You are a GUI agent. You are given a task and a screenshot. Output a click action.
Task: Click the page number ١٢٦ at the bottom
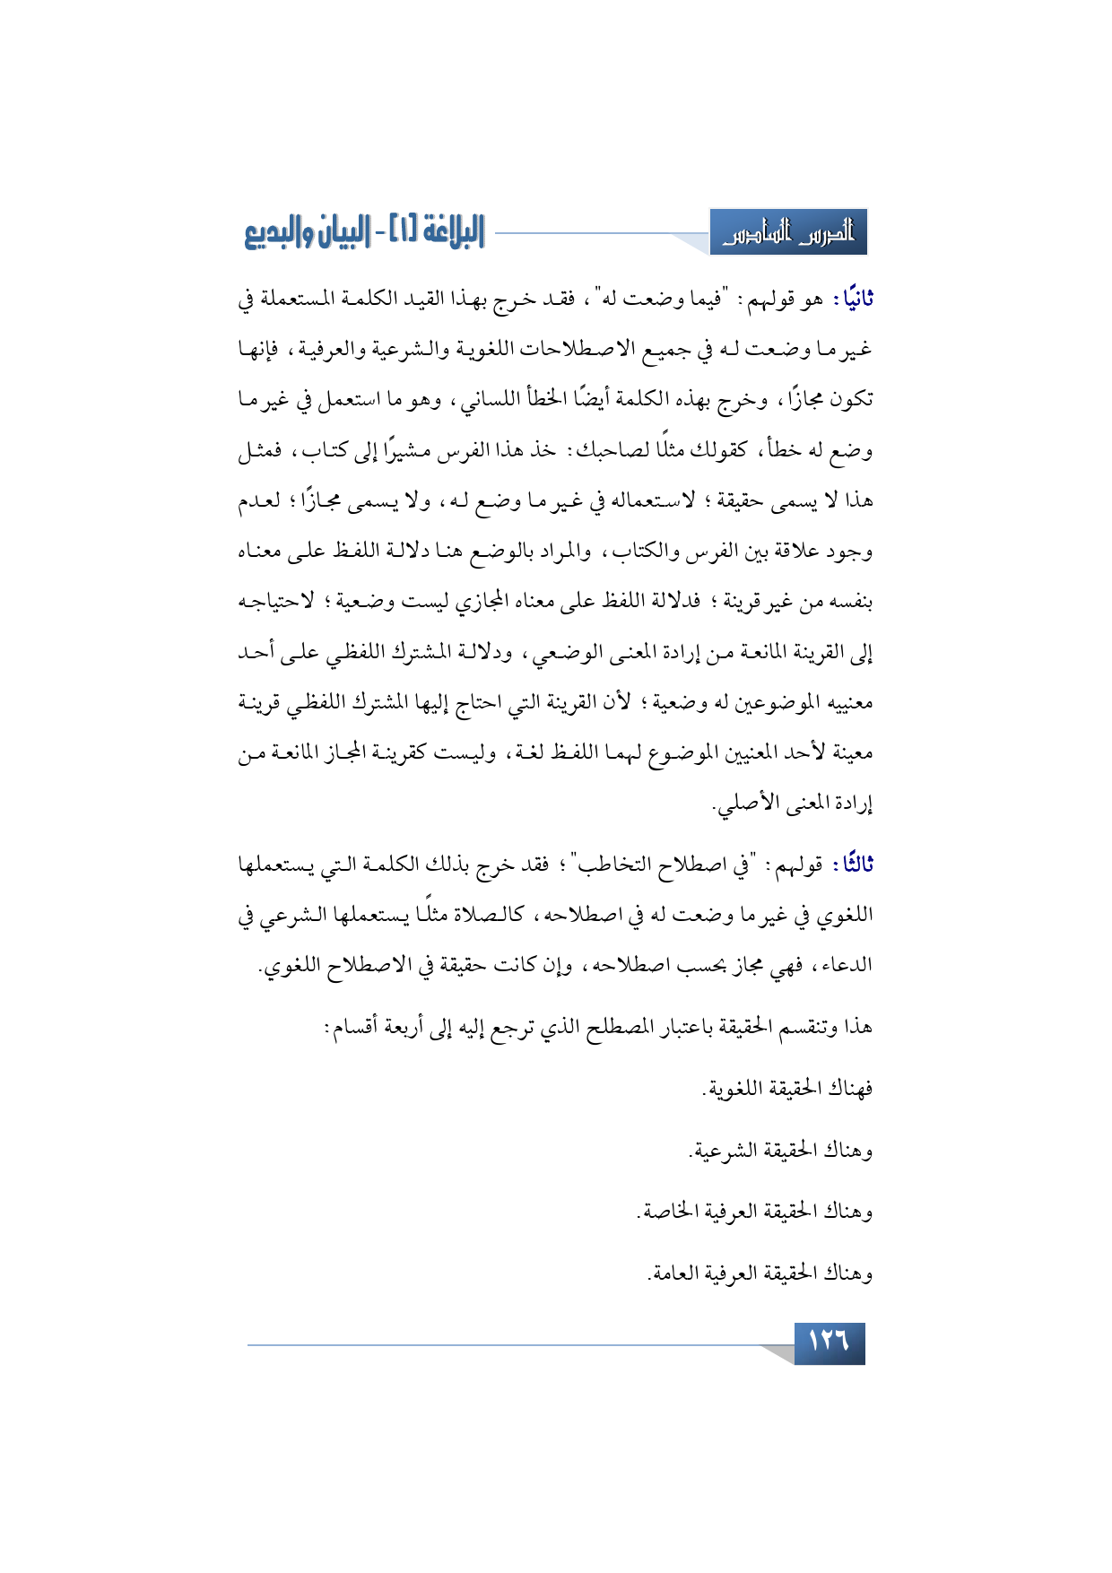point(829,1342)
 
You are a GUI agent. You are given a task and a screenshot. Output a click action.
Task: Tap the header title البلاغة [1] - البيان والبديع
point(364,232)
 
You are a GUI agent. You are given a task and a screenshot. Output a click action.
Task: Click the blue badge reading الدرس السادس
point(788,233)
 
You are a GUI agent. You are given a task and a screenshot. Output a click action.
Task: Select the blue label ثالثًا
point(852,865)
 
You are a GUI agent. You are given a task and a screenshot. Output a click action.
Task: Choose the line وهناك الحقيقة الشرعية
point(780,1151)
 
